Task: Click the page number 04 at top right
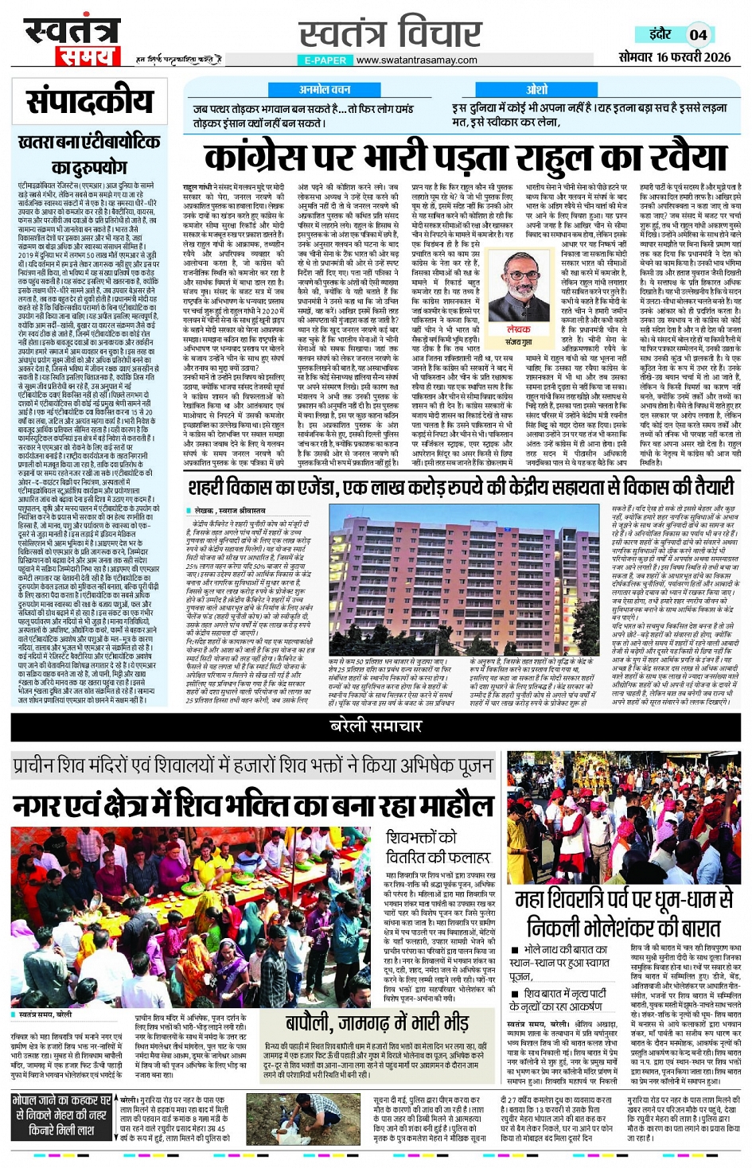pyautogui.click(x=698, y=34)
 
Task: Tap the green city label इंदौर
pyautogui.click(x=659, y=34)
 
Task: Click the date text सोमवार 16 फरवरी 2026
pyautogui.click(x=674, y=57)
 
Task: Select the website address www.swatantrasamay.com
pyautogui.click(x=416, y=60)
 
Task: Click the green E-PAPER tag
pyautogui.click(x=325, y=60)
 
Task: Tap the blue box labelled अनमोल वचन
pyautogui.click(x=324, y=90)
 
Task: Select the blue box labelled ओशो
pyautogui.click(x=536, y=90)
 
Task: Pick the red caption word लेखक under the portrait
pyautogui.click(x=518, y=329)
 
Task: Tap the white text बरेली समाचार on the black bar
pyautogui.click(x=376, y=726)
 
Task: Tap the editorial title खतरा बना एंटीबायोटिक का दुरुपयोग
pyautogui.click(x=89, y=154)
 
